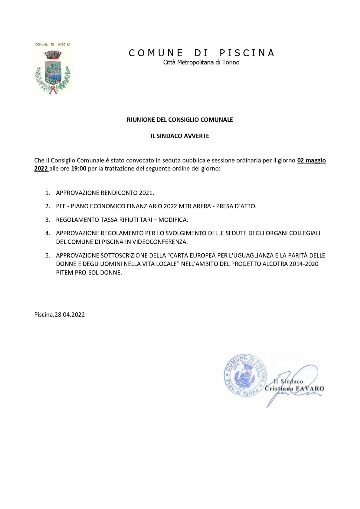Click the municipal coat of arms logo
click(x=53, y=68)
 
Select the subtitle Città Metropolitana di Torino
click(x=201, y=62)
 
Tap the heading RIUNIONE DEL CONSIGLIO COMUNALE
click(x=180, y=120)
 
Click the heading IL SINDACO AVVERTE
click(x=180, y=136)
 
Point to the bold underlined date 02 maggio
click(x=311, y=160)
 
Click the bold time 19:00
click(x=79, y=168)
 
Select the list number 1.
click(x=47, y=193)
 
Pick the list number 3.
click(x=47, y=220)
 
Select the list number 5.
click(x=47, y=255)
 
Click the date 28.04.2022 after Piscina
click(x=70, y=315)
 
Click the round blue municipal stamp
click(x=245, y=376)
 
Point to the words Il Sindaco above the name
click(x=288, y=381)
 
